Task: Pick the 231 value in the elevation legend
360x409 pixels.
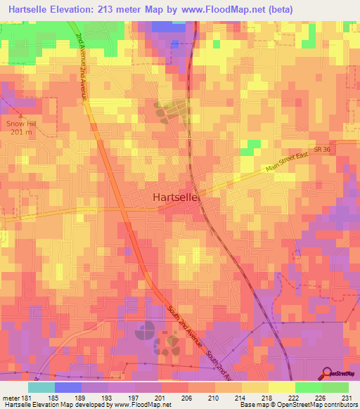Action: pyautogui.click(x=348, y=398)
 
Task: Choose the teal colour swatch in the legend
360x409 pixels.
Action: pyautogui.click(x=41, y=387)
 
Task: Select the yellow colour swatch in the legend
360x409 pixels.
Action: pyautogui.click(x=281, y=387)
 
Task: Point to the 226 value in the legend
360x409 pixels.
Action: pyautogui.click(x=321, y=398)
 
